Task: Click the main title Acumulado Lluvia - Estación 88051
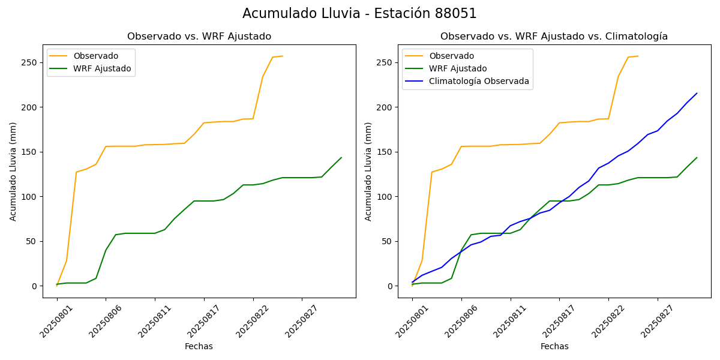coord(359,14)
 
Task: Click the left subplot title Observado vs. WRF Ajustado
coord(199,37)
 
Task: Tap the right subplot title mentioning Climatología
coord(554,37)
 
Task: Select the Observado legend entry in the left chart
coord(95,56)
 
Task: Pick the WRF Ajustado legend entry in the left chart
coord(102,68)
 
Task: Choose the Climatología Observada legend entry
coord(479,81)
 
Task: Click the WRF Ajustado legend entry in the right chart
coord(457,68)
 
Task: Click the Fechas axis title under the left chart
coord(199,346)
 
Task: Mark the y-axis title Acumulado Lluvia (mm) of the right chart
coord(368,172)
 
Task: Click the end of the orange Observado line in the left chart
coord(283,56)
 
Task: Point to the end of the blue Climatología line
coord(697,93)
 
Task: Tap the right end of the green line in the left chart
coord(341,158)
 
